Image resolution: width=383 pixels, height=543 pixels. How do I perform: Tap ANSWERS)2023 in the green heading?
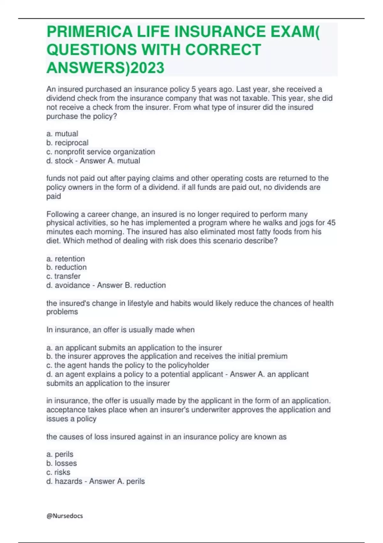(105, 68)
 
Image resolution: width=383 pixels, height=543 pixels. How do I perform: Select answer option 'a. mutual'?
(62, 134)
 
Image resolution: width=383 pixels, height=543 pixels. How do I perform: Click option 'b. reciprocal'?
(67, 142)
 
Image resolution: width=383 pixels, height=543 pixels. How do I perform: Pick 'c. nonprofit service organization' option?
(101, 152)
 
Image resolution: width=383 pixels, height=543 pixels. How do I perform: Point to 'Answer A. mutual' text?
(110, 161)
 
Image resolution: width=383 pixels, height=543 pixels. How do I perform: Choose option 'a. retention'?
(65, 258)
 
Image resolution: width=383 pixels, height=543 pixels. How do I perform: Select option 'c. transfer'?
(63, 276)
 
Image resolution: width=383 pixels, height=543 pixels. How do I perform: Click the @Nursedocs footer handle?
(65, 516)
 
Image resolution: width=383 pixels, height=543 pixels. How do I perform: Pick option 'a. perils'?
(60, 454)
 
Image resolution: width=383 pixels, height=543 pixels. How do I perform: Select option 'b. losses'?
(62, 463)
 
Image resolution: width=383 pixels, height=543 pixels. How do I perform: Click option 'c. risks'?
(58, 472)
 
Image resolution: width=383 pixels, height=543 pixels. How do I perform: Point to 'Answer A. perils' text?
(117, 481)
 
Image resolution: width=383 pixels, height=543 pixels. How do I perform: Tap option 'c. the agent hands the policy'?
(128, 365)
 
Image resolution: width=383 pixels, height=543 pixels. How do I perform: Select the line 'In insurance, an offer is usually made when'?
(120, 330)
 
